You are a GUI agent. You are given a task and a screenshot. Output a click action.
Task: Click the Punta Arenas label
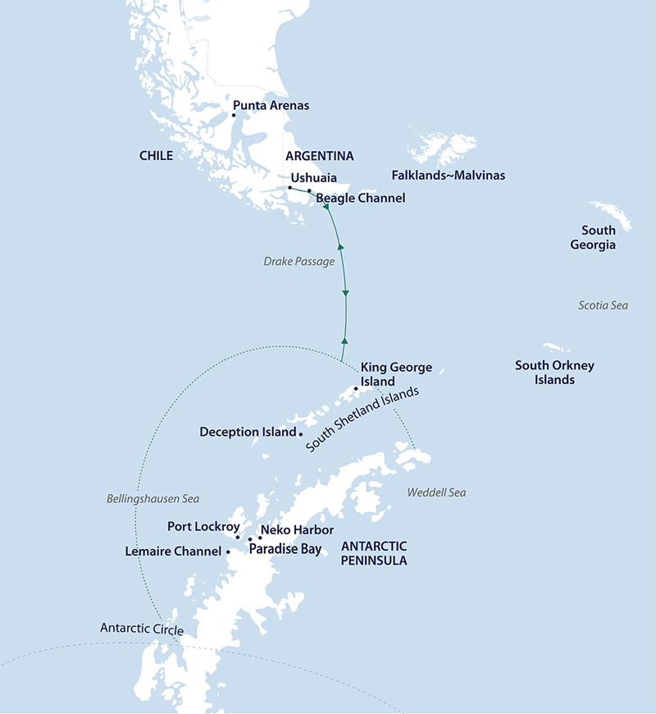[271, 106]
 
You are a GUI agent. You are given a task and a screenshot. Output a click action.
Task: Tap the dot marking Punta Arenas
[234, 116]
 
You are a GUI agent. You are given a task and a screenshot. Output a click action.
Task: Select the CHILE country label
[156, 155]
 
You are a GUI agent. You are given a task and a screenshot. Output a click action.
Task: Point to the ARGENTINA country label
[319, 155]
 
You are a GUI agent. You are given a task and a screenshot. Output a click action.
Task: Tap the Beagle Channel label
[360, 199]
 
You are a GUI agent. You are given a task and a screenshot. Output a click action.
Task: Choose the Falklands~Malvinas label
[449, 176]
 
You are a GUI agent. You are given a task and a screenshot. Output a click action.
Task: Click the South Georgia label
[598, 238]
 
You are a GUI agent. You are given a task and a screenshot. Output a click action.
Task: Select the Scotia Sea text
[603, 305]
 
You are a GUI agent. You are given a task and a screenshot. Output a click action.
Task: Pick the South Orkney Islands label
[554, 373]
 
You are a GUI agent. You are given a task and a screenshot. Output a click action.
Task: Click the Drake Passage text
[298, 262]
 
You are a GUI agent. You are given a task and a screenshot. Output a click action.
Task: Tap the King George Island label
[396, 375]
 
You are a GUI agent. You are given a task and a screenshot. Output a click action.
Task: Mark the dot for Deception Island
[301, 433]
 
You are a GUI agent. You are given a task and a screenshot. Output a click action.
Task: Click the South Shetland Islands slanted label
[362, 419]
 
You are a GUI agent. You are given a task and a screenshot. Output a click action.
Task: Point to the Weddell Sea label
[435, 492]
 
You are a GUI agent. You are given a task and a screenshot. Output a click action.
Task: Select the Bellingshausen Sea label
[153, 498]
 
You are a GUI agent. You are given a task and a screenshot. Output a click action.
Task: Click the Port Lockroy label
[203, 526]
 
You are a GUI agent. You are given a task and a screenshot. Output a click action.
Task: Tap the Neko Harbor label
[296, 530]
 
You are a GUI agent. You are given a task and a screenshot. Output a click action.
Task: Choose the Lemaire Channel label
[173, 552]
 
